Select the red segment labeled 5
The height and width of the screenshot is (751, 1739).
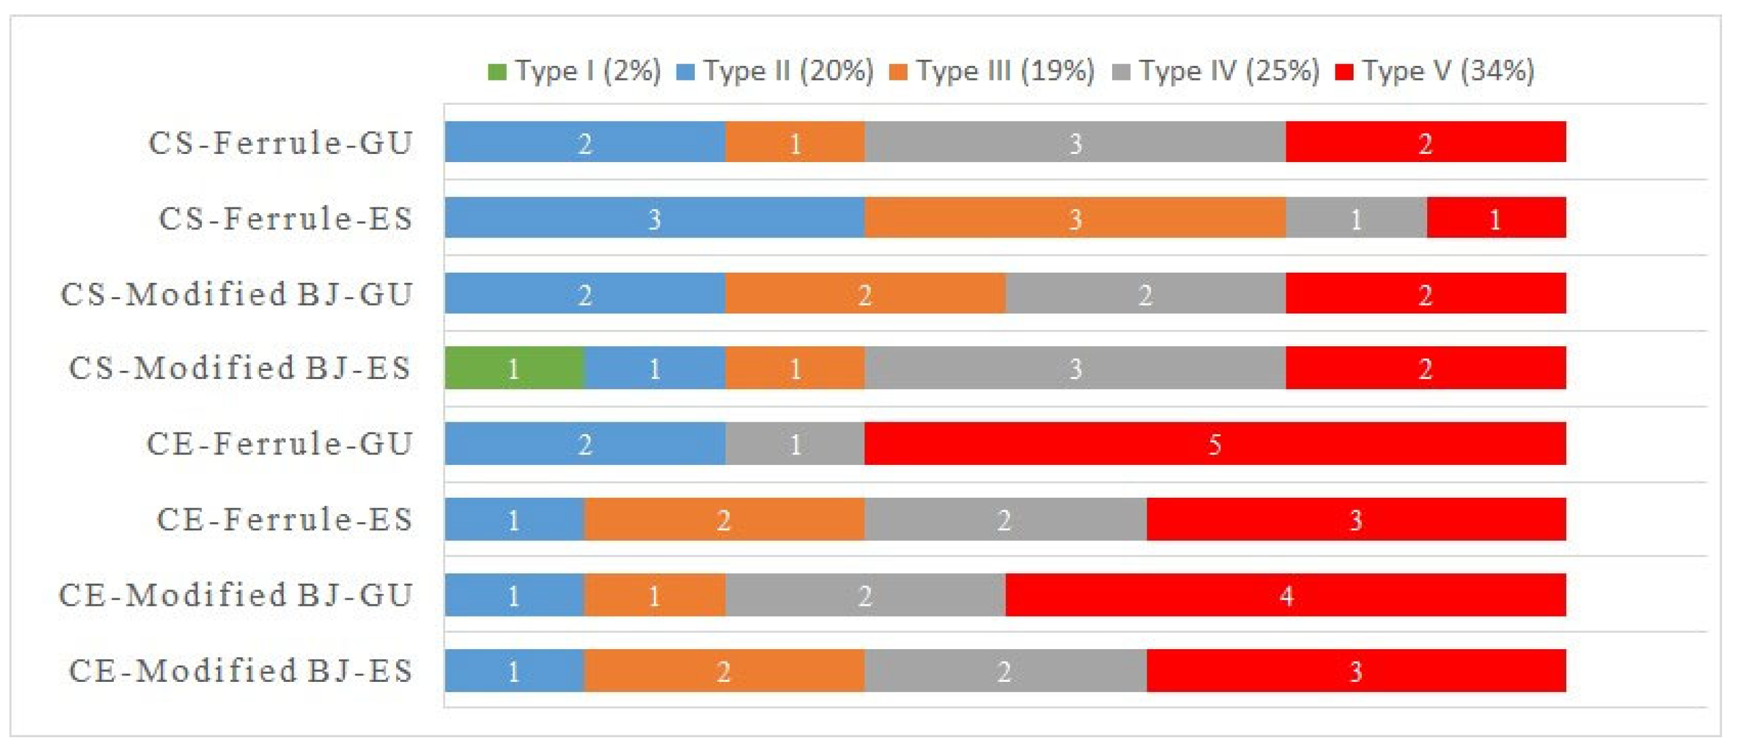1215,443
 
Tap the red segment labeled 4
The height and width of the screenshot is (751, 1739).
1285,595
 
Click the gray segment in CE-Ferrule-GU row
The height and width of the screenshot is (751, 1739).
795,443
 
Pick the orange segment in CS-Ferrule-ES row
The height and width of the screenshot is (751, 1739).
1074,217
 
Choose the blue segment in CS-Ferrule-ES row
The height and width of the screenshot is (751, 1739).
654,217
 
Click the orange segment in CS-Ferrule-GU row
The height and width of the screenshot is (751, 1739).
795,141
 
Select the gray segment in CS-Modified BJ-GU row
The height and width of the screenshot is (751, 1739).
1145,293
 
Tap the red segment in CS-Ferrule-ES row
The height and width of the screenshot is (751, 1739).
1496,217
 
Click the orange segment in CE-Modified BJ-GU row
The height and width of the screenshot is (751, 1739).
654,595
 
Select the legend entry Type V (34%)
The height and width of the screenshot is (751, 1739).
1435,71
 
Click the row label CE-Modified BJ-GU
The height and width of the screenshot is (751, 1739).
236,595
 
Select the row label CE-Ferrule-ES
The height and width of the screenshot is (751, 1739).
284,520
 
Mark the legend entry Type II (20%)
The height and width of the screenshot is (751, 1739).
775,71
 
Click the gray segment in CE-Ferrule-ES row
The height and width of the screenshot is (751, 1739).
1005,519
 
